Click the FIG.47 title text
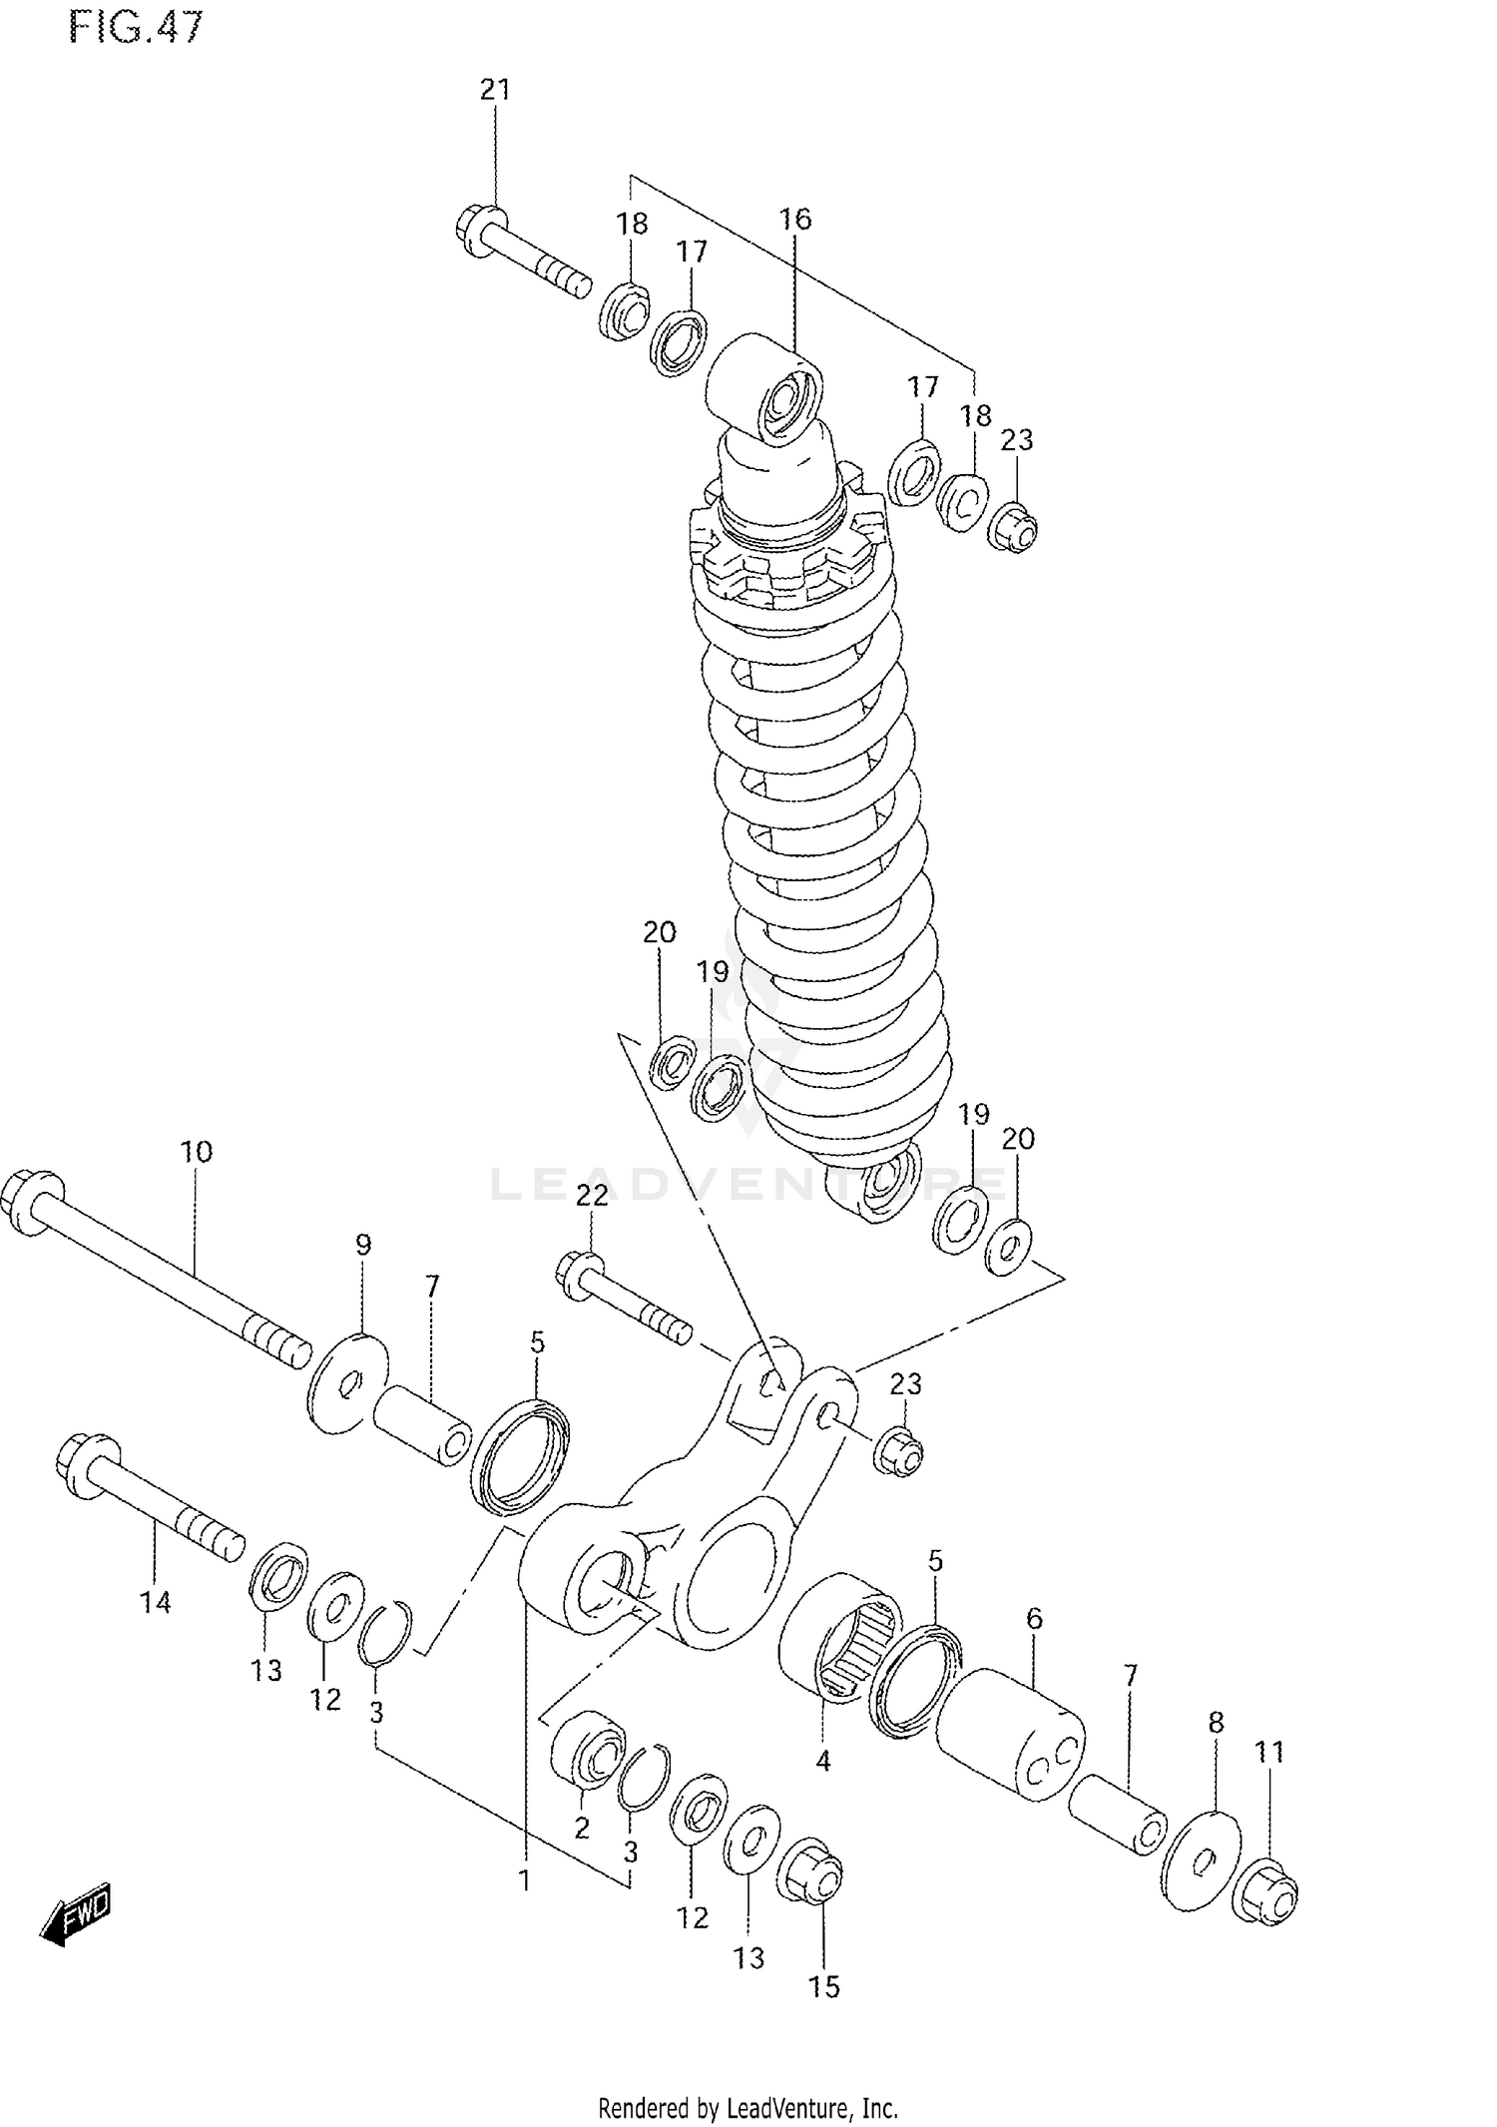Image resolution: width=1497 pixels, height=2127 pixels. coord(136,27)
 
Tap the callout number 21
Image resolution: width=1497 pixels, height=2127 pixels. coord(495,90)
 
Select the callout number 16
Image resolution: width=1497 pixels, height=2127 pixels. coord(795,219)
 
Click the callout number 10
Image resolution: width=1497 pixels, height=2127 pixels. coord(196,1152)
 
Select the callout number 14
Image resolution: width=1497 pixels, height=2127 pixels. coord(155,1603)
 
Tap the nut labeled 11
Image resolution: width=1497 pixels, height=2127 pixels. coord(1267,1891)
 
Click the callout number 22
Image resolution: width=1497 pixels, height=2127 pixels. coord(592,1195)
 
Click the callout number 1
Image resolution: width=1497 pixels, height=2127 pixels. coord(524,1880)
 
